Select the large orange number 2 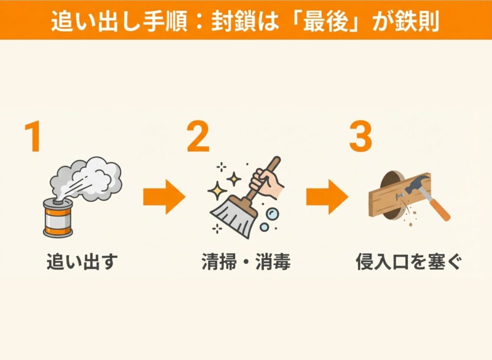pyautogui.click(x=198, y=136)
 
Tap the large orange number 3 pyautogui.click(x=360, y=136)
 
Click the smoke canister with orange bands pyautogui.click(x=58, y=217)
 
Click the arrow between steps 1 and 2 pyautogui.click(x=164, y=197)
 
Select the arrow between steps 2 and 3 pyautogui.click(x=327, y=197)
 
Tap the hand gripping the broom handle pyautogui.click(x=266, y=182)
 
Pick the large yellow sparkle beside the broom pyautogui.click(x=217, y=191)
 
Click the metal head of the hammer pyautogui.click(x=416, y=184)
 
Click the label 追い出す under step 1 pyautogui.click(x=82, y=262)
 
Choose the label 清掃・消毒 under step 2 pyautogui.click(x=246, y=262)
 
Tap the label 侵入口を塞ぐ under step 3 pyautogui.click(x=409, y=262)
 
